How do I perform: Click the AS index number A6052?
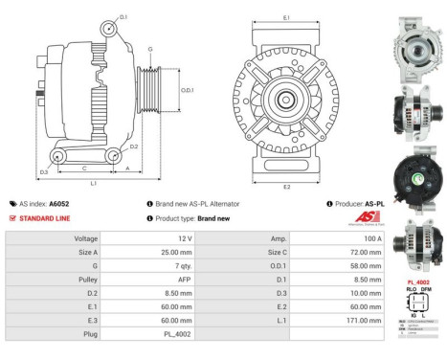[58, 204]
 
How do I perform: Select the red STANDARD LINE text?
[47, 218]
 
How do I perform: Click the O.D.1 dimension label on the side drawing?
[188, 91]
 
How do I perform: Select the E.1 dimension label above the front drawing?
[288, 18]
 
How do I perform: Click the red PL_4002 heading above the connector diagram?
[418, 282]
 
